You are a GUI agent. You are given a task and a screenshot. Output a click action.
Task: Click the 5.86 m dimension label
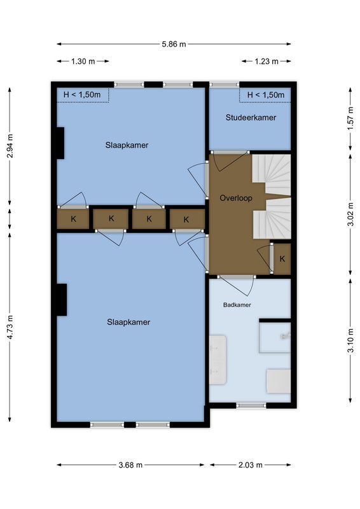[174, 44]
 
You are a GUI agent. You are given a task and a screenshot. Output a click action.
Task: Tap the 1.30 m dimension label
[82, 62]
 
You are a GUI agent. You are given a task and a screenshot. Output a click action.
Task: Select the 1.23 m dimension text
[266, 62]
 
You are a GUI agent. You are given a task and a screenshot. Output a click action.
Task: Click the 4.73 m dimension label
[10, 327]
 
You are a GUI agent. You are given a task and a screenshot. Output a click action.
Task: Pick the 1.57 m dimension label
[350, 120]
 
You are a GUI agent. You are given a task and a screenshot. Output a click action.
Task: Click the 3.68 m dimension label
[130, 465]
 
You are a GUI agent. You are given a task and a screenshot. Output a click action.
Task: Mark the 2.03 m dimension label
[250, 465]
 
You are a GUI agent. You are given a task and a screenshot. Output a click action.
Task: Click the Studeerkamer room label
[251, 118]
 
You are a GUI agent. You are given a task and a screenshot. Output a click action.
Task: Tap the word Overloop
[235, 198]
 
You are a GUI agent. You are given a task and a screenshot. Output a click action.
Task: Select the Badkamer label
[237, 305]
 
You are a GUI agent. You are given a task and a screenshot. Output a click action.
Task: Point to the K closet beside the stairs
[282, 259]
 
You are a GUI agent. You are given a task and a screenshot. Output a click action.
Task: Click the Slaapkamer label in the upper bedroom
[127, 145]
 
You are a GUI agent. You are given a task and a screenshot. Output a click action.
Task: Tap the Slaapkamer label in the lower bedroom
[128, 322]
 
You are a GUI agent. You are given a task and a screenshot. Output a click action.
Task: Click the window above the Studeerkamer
[225, 84]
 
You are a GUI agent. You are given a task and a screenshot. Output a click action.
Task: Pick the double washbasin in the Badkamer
[218, 359]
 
